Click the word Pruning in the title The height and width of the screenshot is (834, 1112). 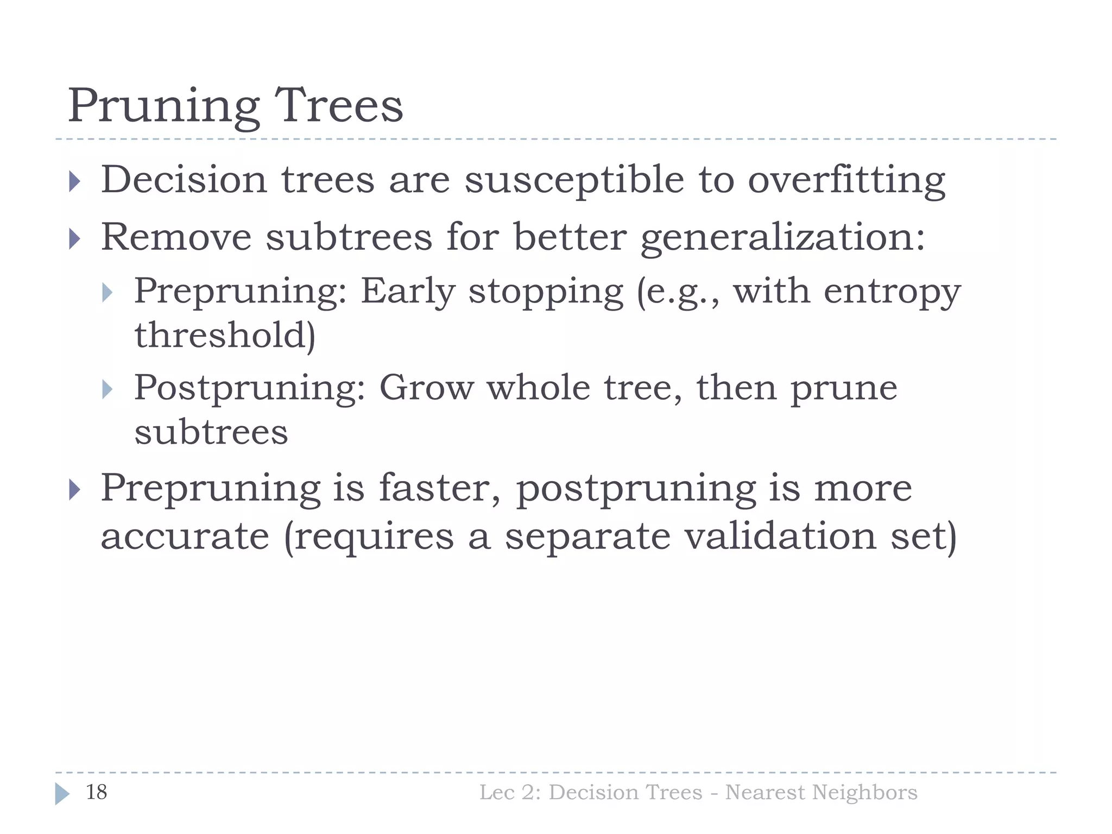pyautogui.click(x=163, y=106)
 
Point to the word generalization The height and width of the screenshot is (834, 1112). pyautogui.click(x=782, y=238)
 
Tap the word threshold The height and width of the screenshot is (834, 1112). pyautogui.click(x=224, y=335)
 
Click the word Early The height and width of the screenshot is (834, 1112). pyautogui.click(x=408, y=292)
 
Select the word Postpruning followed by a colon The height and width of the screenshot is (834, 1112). pyautogui.click(x=250, y=389)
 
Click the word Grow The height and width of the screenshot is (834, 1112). pyautogui.click(x=426, y=388)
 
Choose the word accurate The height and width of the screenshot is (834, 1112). pyautogui.click(x=185, y=536)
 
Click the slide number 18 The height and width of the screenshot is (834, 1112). pyautogui.click(x=97, y=792)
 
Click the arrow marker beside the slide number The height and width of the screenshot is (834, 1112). pyautogui.click(x=62, y=793)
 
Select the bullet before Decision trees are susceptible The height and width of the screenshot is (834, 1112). pyautogui.click(x=75, y=181)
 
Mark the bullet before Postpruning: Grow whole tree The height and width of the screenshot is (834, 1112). pyautogui.click(x=107, y=389)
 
